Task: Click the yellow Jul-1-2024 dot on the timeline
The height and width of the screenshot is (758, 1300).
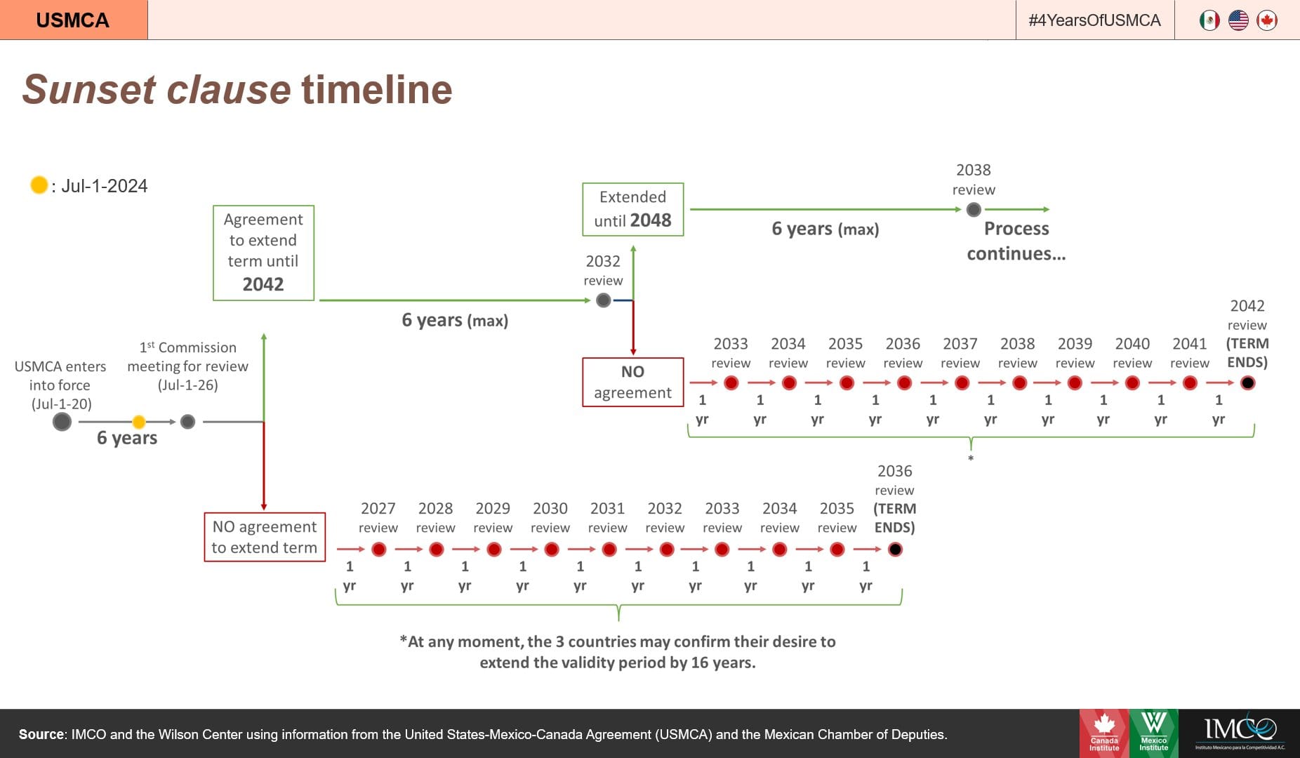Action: tap(139, 422)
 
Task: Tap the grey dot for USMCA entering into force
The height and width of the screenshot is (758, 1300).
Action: tap(62, 422)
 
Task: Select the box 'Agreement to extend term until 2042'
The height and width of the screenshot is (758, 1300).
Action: tap(263, 253)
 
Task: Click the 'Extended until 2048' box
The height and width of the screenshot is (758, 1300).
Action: tap(632, 209)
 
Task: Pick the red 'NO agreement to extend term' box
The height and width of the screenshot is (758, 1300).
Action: tap(265, 537)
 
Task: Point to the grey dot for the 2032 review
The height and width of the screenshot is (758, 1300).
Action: tap(603, 300)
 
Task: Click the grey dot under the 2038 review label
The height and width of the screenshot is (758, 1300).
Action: tap(974, 209)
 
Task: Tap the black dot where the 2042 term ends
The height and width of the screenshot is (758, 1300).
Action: tap(1247, 383)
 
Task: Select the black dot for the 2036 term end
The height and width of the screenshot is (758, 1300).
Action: tap(895, 550)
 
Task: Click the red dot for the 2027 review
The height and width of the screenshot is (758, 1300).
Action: tap(379, 550)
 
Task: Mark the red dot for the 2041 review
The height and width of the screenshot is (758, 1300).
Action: tap(1190, 383)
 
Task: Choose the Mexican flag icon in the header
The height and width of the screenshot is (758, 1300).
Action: tap(1209, 20)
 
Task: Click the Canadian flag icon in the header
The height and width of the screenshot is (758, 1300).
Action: tap(1267, 20)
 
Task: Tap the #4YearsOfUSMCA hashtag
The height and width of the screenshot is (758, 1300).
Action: tap(1094, 20)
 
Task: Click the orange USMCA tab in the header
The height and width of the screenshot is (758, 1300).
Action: tap(74, 20)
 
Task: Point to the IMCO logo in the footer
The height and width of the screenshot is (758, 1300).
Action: tap(1240, 733)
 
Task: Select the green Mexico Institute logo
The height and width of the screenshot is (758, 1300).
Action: tap(1154, 733)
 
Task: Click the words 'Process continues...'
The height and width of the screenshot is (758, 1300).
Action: tap(1016, 241)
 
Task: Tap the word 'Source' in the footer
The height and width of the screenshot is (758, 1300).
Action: tap(41, 734)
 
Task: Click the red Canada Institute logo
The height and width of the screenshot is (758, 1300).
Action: tap(1104, 733)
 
